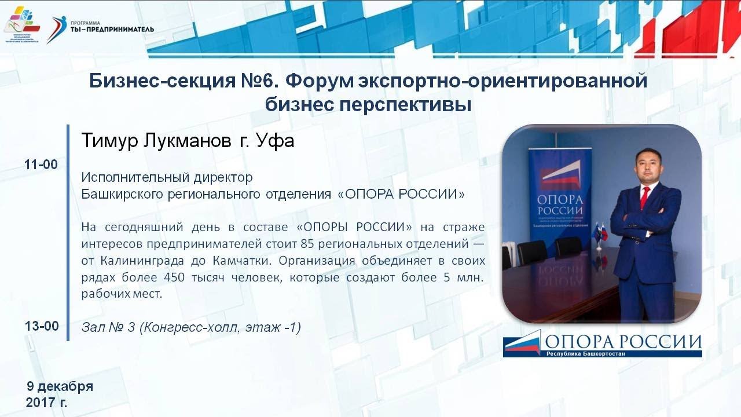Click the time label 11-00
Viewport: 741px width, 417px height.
(x=41, y=164)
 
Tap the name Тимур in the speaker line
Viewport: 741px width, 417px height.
(x=109, y=141)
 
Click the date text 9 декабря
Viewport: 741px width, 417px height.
(x=60, y=386)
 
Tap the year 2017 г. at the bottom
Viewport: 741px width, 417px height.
(x=46, y=402)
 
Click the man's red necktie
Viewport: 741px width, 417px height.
(x=644, y=197)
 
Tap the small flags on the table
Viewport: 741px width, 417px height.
(x=600, y=233)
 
